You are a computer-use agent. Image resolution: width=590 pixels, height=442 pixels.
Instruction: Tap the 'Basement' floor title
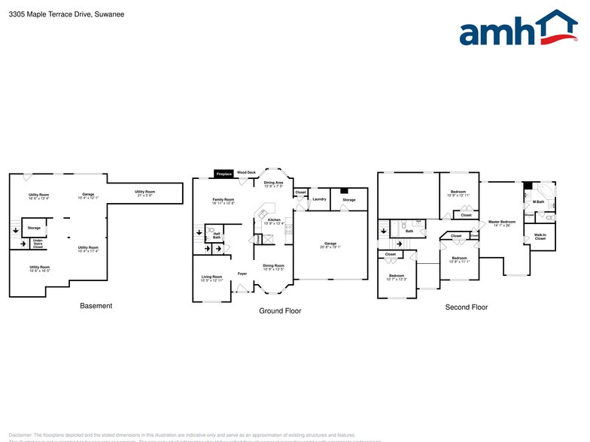pyautogui.click(x=96, y=306)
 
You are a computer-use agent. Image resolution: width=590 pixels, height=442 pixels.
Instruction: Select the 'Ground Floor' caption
pyautogui.click(x=280, y=310)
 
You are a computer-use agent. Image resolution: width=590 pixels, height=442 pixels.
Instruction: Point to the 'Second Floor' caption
pyautogui.click(x=467, y=307)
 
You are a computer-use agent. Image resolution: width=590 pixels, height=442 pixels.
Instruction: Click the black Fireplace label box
pyautogui.click(x=224, y=174)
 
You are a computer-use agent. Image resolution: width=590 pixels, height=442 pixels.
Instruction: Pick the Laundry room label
pyautogui.click(x=319, y=199)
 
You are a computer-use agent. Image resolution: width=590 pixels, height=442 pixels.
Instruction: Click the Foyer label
pyautogui.click(x=242, y=274)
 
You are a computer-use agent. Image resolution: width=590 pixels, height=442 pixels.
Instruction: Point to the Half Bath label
pyautogui.click(x=217, y=235)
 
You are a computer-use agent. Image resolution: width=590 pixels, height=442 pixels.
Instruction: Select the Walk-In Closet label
pyautogui.click(x=540, y=237)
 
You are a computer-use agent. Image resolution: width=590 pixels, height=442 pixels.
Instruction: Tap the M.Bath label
pyautogui.click(x=539, y=202)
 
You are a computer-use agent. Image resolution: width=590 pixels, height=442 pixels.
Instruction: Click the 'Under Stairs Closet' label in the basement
pyautogui.click(x=37, y=244)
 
